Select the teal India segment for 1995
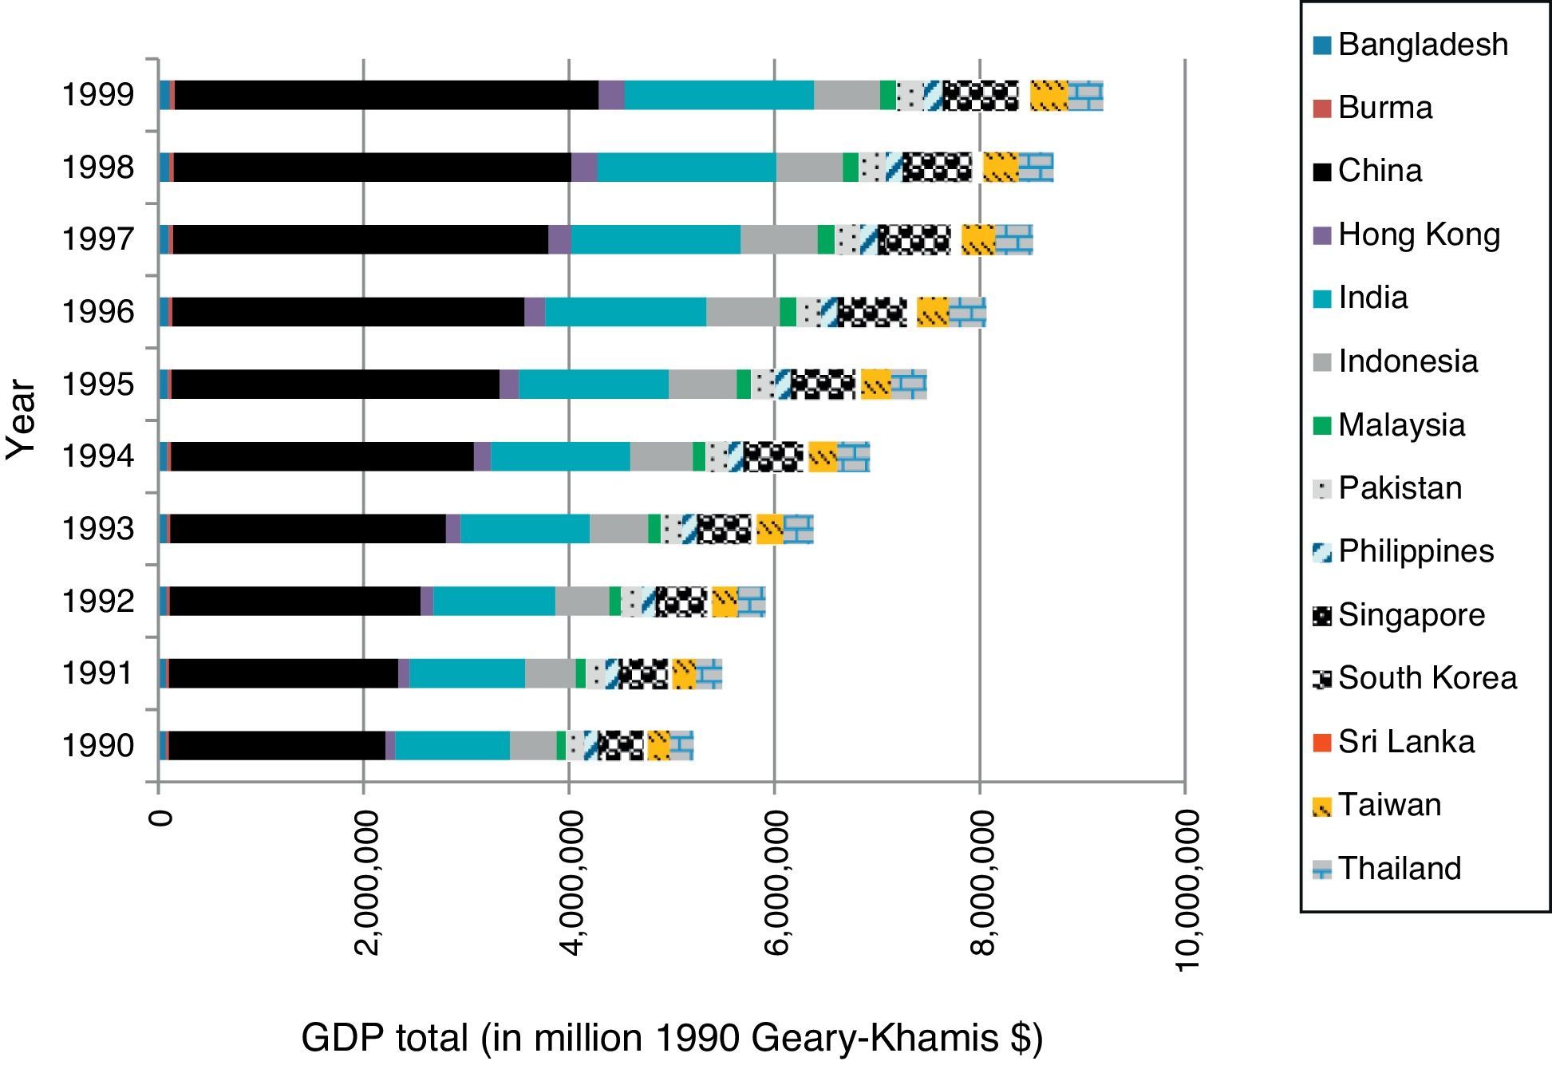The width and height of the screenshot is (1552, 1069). point(594,385)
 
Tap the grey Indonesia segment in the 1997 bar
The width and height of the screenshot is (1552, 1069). point(779,239)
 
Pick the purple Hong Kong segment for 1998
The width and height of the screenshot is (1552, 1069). point(584,168)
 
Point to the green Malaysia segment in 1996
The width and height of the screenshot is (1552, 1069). point(788,312)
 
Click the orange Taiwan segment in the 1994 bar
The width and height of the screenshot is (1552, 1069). point(823,457)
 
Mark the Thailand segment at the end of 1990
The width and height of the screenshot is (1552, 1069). point(681,746)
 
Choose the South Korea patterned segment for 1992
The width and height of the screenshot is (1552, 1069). point(681,602)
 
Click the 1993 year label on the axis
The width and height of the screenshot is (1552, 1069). point(98,529)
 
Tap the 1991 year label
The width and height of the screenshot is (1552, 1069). point(98,673)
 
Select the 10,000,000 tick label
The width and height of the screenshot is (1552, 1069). point(1187,890)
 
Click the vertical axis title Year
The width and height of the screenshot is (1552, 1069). point(22,420)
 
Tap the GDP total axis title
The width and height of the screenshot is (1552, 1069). point(671,1038)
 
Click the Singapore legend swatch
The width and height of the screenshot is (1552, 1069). point(1322,616)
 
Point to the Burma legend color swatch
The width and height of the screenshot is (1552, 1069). point(1322,108)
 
